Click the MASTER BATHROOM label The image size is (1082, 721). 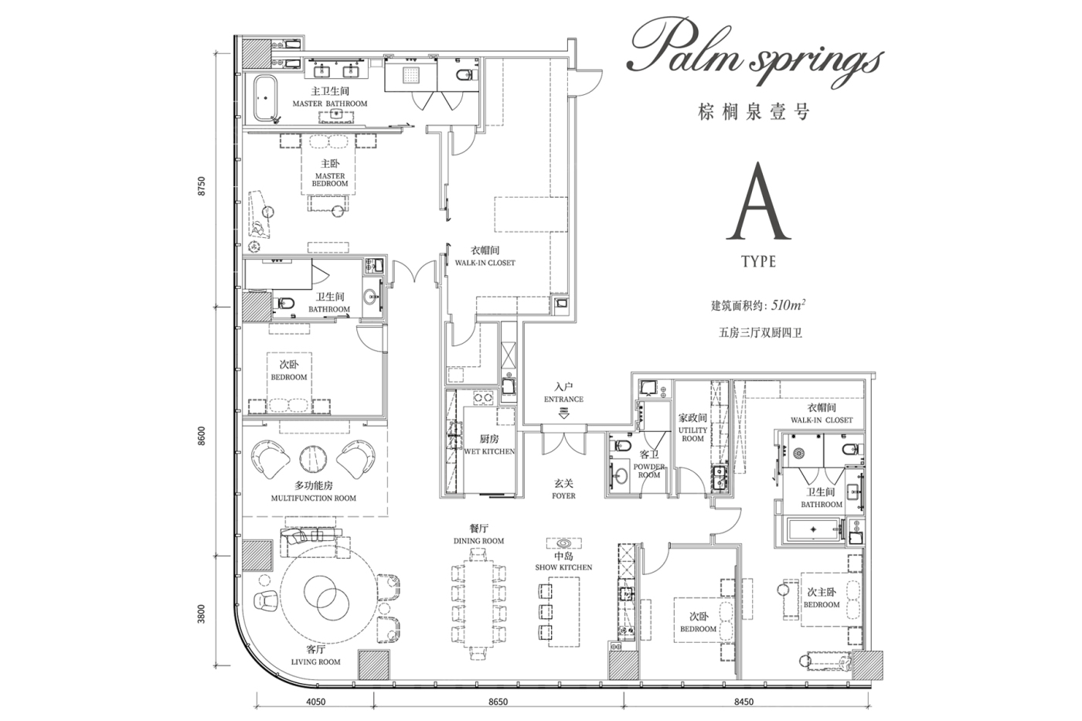click(330, 104)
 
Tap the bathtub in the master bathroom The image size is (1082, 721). click(264, 98)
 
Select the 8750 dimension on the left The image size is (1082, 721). click(202, 186)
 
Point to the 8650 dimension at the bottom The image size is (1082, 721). click(498, 702)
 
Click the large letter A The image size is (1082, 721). click(758, 202)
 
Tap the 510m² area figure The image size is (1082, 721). click(788, 305)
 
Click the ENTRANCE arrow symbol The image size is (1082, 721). click(563, 413)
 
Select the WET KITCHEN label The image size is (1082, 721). click(489, 451)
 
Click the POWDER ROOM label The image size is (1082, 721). click(649, 471)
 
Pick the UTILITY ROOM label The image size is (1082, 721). click(692, 434)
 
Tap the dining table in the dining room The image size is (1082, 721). click(478, 604)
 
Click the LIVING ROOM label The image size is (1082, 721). click(316, 662)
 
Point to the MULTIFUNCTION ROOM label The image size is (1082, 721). click(314, 498)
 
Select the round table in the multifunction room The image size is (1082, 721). click(313, 459)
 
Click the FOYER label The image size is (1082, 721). click(563, 496)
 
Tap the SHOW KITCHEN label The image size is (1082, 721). click(563, 567)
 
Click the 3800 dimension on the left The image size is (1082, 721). click(202, 614)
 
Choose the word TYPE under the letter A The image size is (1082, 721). click(759, 262)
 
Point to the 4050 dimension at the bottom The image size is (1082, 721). click(316, 702)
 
